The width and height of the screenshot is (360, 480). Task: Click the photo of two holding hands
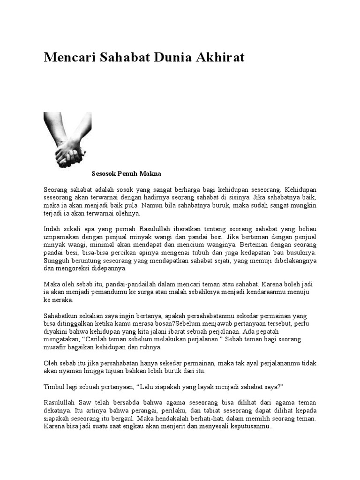67,140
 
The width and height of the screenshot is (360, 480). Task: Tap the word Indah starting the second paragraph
52,229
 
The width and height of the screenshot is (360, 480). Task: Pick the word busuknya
300,253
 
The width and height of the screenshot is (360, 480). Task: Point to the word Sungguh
56,261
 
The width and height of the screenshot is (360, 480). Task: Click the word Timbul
53,387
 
